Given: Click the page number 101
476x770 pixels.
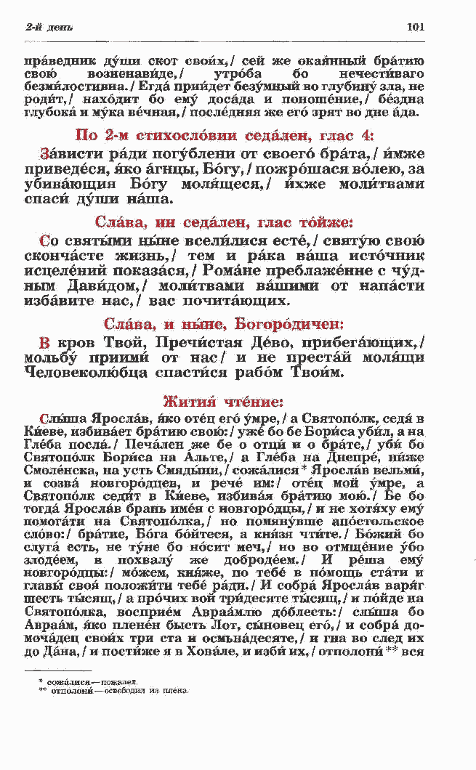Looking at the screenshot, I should pos(416,28).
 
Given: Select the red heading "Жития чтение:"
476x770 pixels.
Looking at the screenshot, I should pos(223,401).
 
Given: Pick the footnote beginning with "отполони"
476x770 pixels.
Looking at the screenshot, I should pos(115,690).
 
